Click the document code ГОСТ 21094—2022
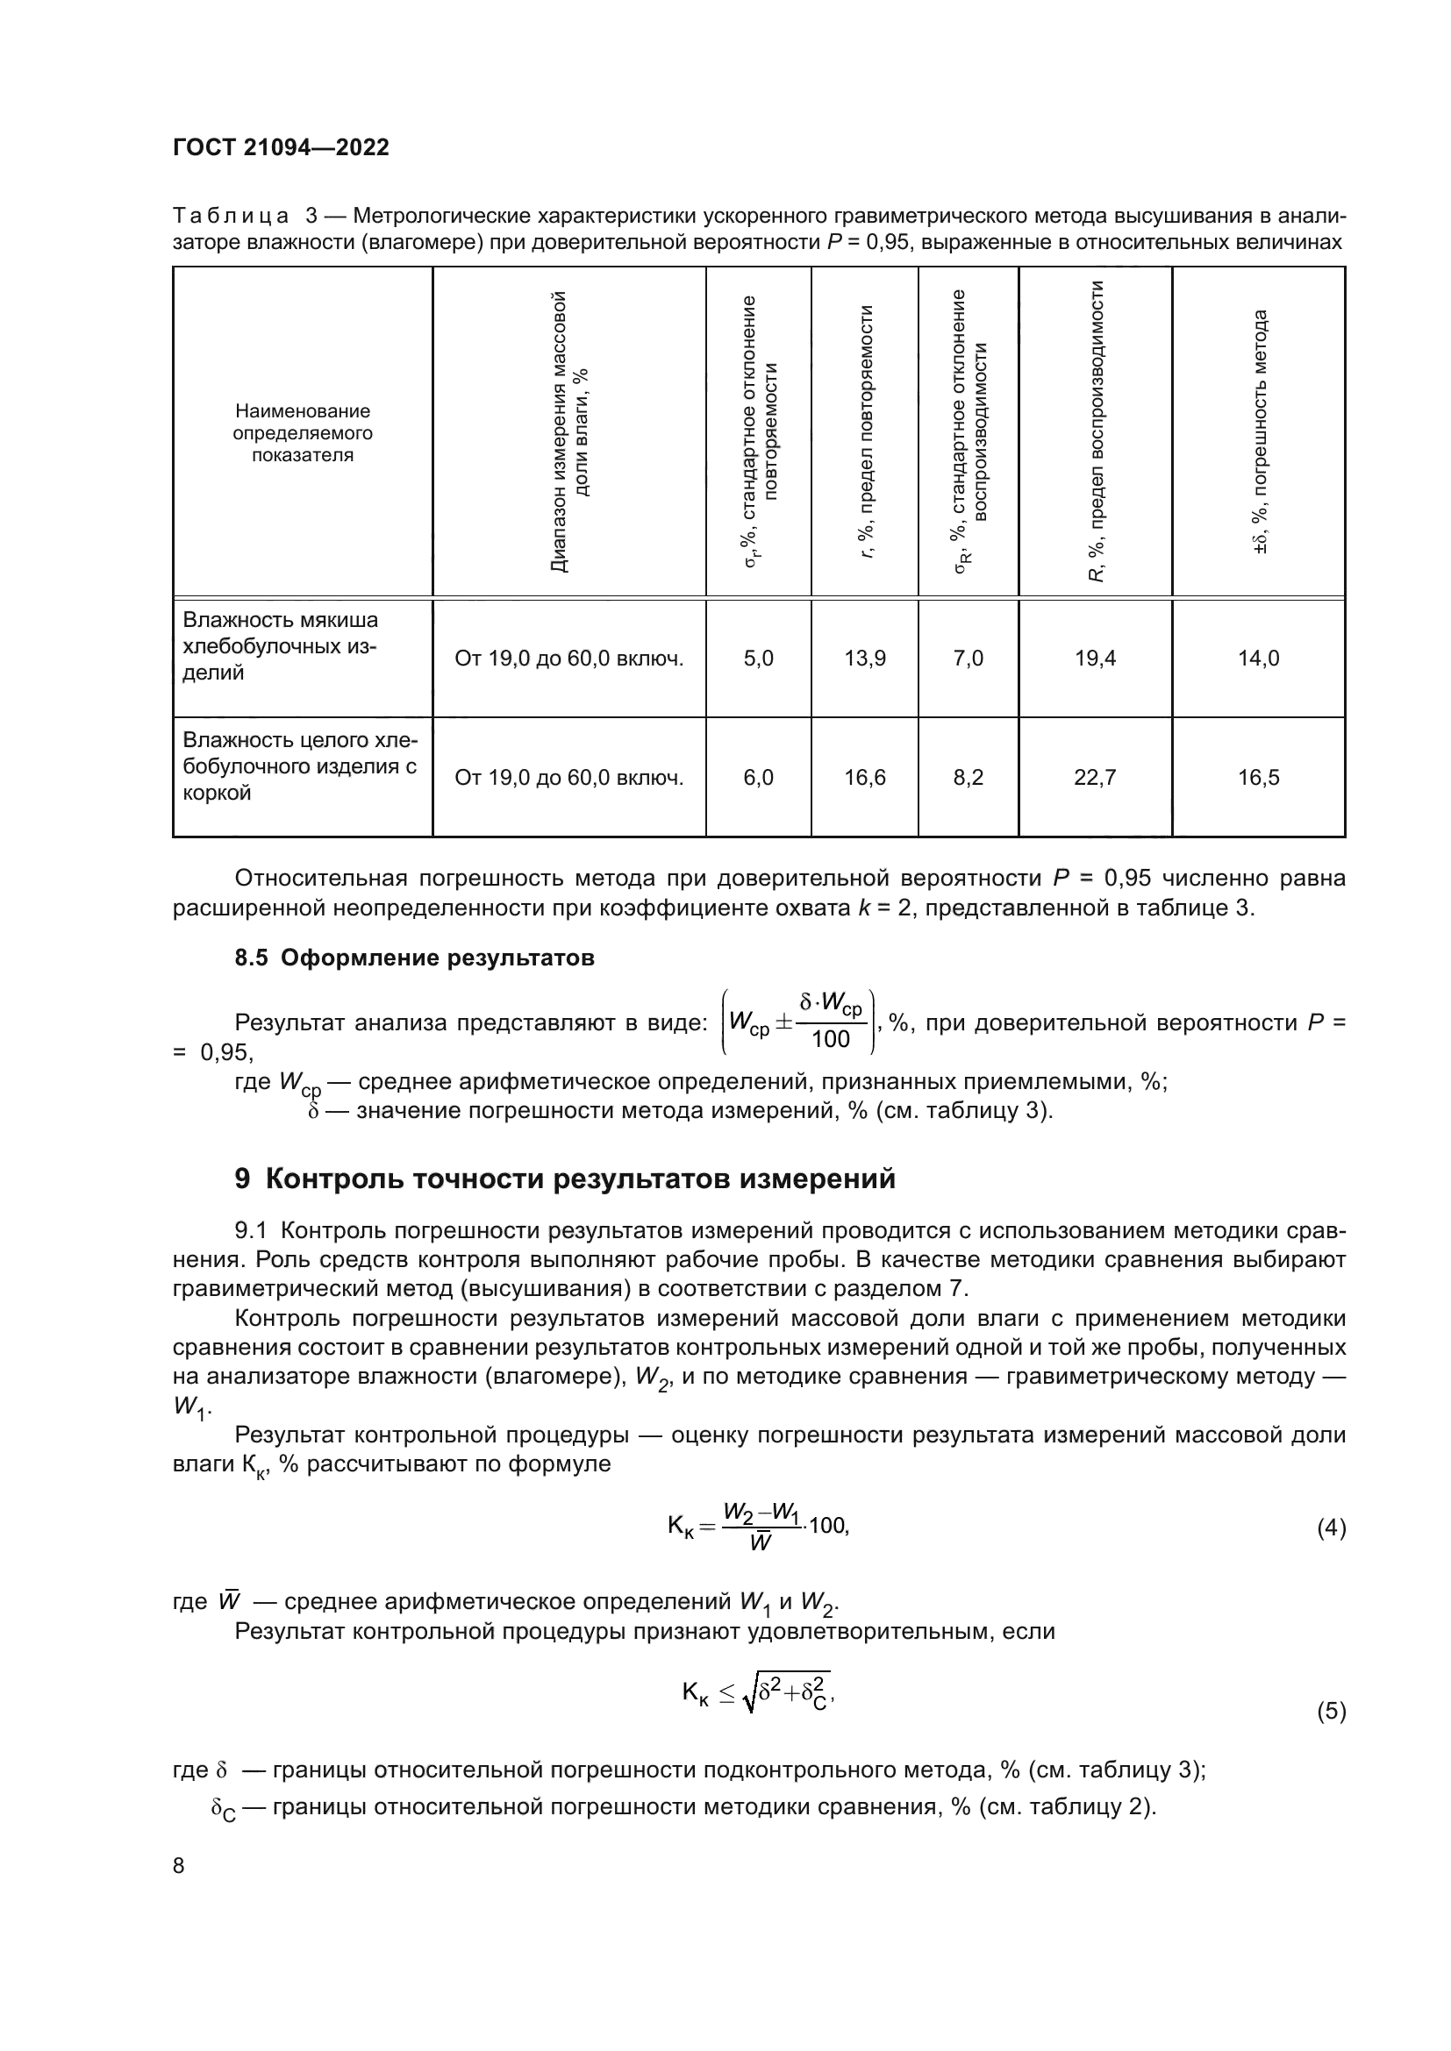coord(281,147)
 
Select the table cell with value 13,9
coord(865,659)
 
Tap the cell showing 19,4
coord(1095,659)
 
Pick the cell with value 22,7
coord(1095,778)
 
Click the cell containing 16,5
coord(1258,778)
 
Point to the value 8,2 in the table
coord(968,778)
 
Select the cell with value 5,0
coord(758,659)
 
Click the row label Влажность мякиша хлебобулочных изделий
coord(281,647)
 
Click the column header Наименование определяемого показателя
coord(302,433)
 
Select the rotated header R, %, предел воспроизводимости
coord(1097,431)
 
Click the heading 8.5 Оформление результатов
coord(414,958)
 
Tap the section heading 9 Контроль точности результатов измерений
coord(565,1179)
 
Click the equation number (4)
coord(1331,1528)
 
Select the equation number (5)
coord(1331,1712)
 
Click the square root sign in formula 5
coord(748,1691)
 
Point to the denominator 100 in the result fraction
coord(830,1039)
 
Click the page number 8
coord(179,1866)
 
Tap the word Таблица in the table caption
coord(231,217)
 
